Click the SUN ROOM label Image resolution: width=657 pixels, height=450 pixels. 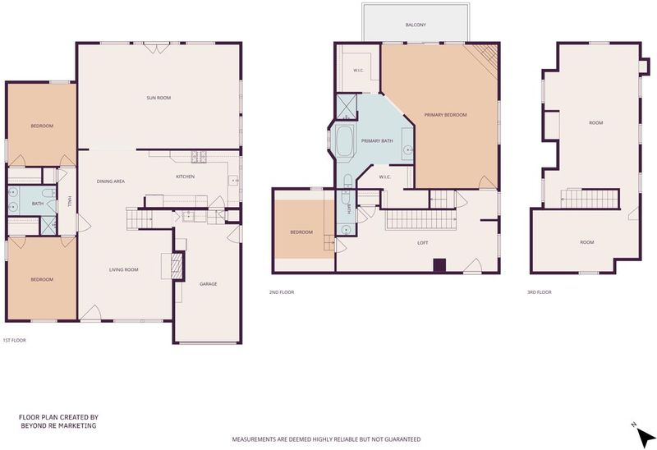[x=159, y=98]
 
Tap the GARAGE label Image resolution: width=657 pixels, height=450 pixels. [x=209, y=284]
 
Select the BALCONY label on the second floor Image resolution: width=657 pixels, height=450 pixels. [x=416, y=25]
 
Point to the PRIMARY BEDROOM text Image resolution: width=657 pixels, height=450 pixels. [x=445, y=115]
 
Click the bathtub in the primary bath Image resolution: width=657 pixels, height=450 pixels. [x=345, y=141]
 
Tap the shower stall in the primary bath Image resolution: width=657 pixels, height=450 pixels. [x=347, y=107]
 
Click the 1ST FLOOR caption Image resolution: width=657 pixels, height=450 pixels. [x=15, y=341]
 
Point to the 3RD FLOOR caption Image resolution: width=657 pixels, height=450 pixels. [x=540, y=292]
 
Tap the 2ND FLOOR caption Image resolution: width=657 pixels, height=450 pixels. [x=282, y=292]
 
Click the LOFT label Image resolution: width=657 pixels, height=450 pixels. [x=422, y=243]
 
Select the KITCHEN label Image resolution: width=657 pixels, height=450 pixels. [x=186, y=177]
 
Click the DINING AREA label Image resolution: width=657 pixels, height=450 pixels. [x=111, y=181]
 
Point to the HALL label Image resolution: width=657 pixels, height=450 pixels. [x=69, y=201]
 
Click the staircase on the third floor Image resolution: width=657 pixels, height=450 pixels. [x=590, y=199]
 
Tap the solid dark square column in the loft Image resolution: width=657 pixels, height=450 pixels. [x=439, y=265]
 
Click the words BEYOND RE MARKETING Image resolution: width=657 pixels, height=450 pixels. [x=58, y=425]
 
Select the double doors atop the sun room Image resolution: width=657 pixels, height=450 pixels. [x=157, y=48]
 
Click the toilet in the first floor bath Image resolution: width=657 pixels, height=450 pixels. [x=48, y=194]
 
